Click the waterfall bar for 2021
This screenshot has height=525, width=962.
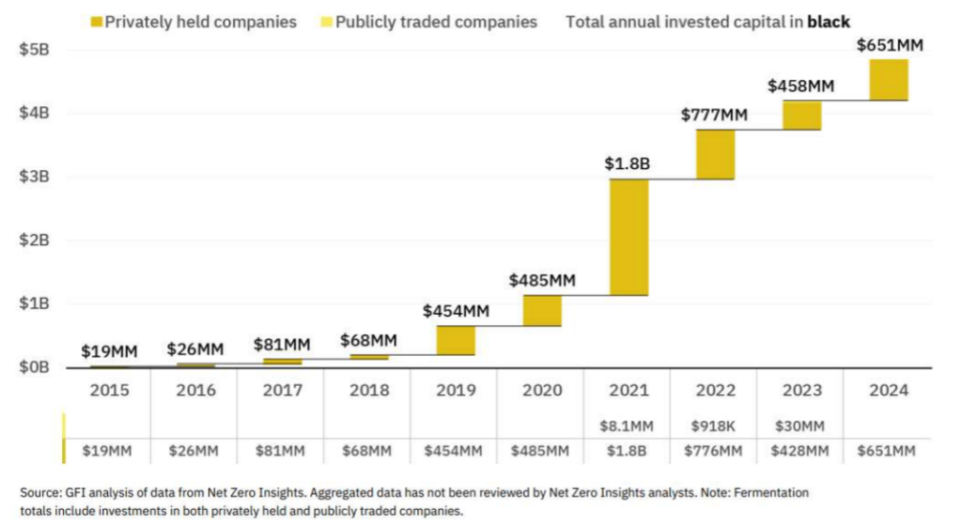(x=628, y=237)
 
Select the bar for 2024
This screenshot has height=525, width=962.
(x=888, y=80)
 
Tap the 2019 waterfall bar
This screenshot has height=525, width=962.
(x=455, y=340)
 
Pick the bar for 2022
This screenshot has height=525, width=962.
(x=715, y=154)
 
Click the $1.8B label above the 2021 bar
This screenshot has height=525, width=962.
(x=628, y=164)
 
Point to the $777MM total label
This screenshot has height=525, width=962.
(x=714, y=116)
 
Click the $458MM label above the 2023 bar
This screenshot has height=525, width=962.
(x=800, y=86)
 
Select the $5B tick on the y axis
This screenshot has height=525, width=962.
(x=36, y=50)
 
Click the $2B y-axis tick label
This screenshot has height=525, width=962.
(x=36, y=239)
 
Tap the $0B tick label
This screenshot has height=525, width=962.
(x=36, y=366)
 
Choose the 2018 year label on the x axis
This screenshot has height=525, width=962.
(x=368, y=391)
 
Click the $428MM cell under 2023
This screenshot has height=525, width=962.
(x=801, y=452)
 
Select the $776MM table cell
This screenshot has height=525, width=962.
(x=715, y=452)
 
